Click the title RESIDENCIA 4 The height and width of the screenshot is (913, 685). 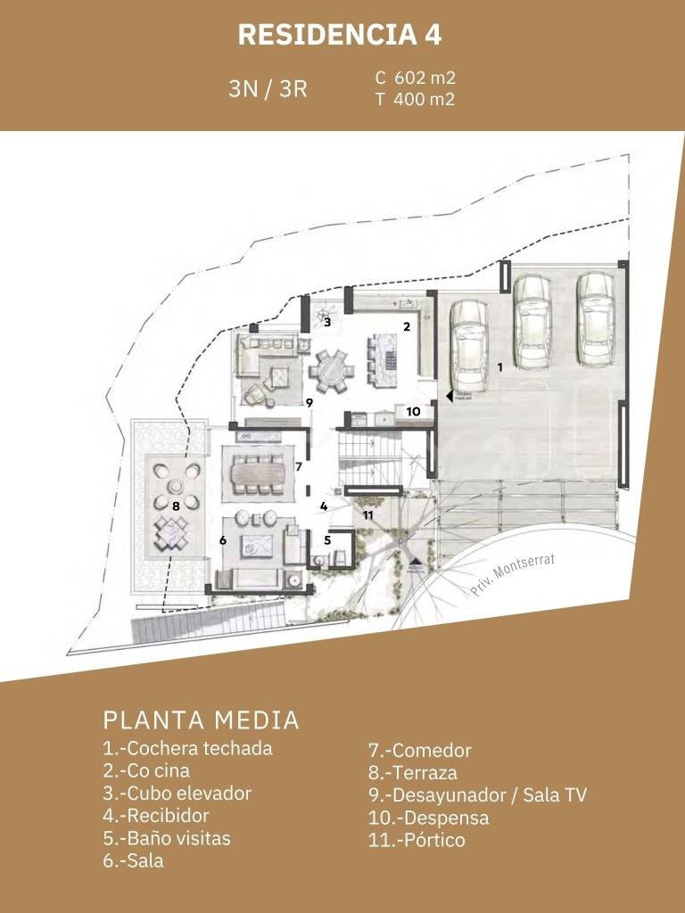[x=340, y=35]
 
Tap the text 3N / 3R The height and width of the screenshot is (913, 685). [x=268, y=89]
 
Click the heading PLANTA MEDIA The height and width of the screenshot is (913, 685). [x=202, y=720]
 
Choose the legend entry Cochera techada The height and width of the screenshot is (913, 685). [x=187, y=748]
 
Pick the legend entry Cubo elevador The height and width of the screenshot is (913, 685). [x=177, y=793]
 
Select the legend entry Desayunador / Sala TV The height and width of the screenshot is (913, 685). [x=477, y=795]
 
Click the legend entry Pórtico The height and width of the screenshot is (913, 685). [x=417, y=840]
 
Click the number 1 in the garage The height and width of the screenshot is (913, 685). [x=499, y=366]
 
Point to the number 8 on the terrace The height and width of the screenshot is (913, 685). [x=177, y=506]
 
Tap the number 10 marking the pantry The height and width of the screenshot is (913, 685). [x=413, y=412]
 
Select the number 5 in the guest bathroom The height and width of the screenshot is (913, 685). [x=327, y=539]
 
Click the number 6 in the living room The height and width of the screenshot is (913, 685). [x=223, y=540]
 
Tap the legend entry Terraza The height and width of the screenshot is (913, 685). [x=412, y=773]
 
